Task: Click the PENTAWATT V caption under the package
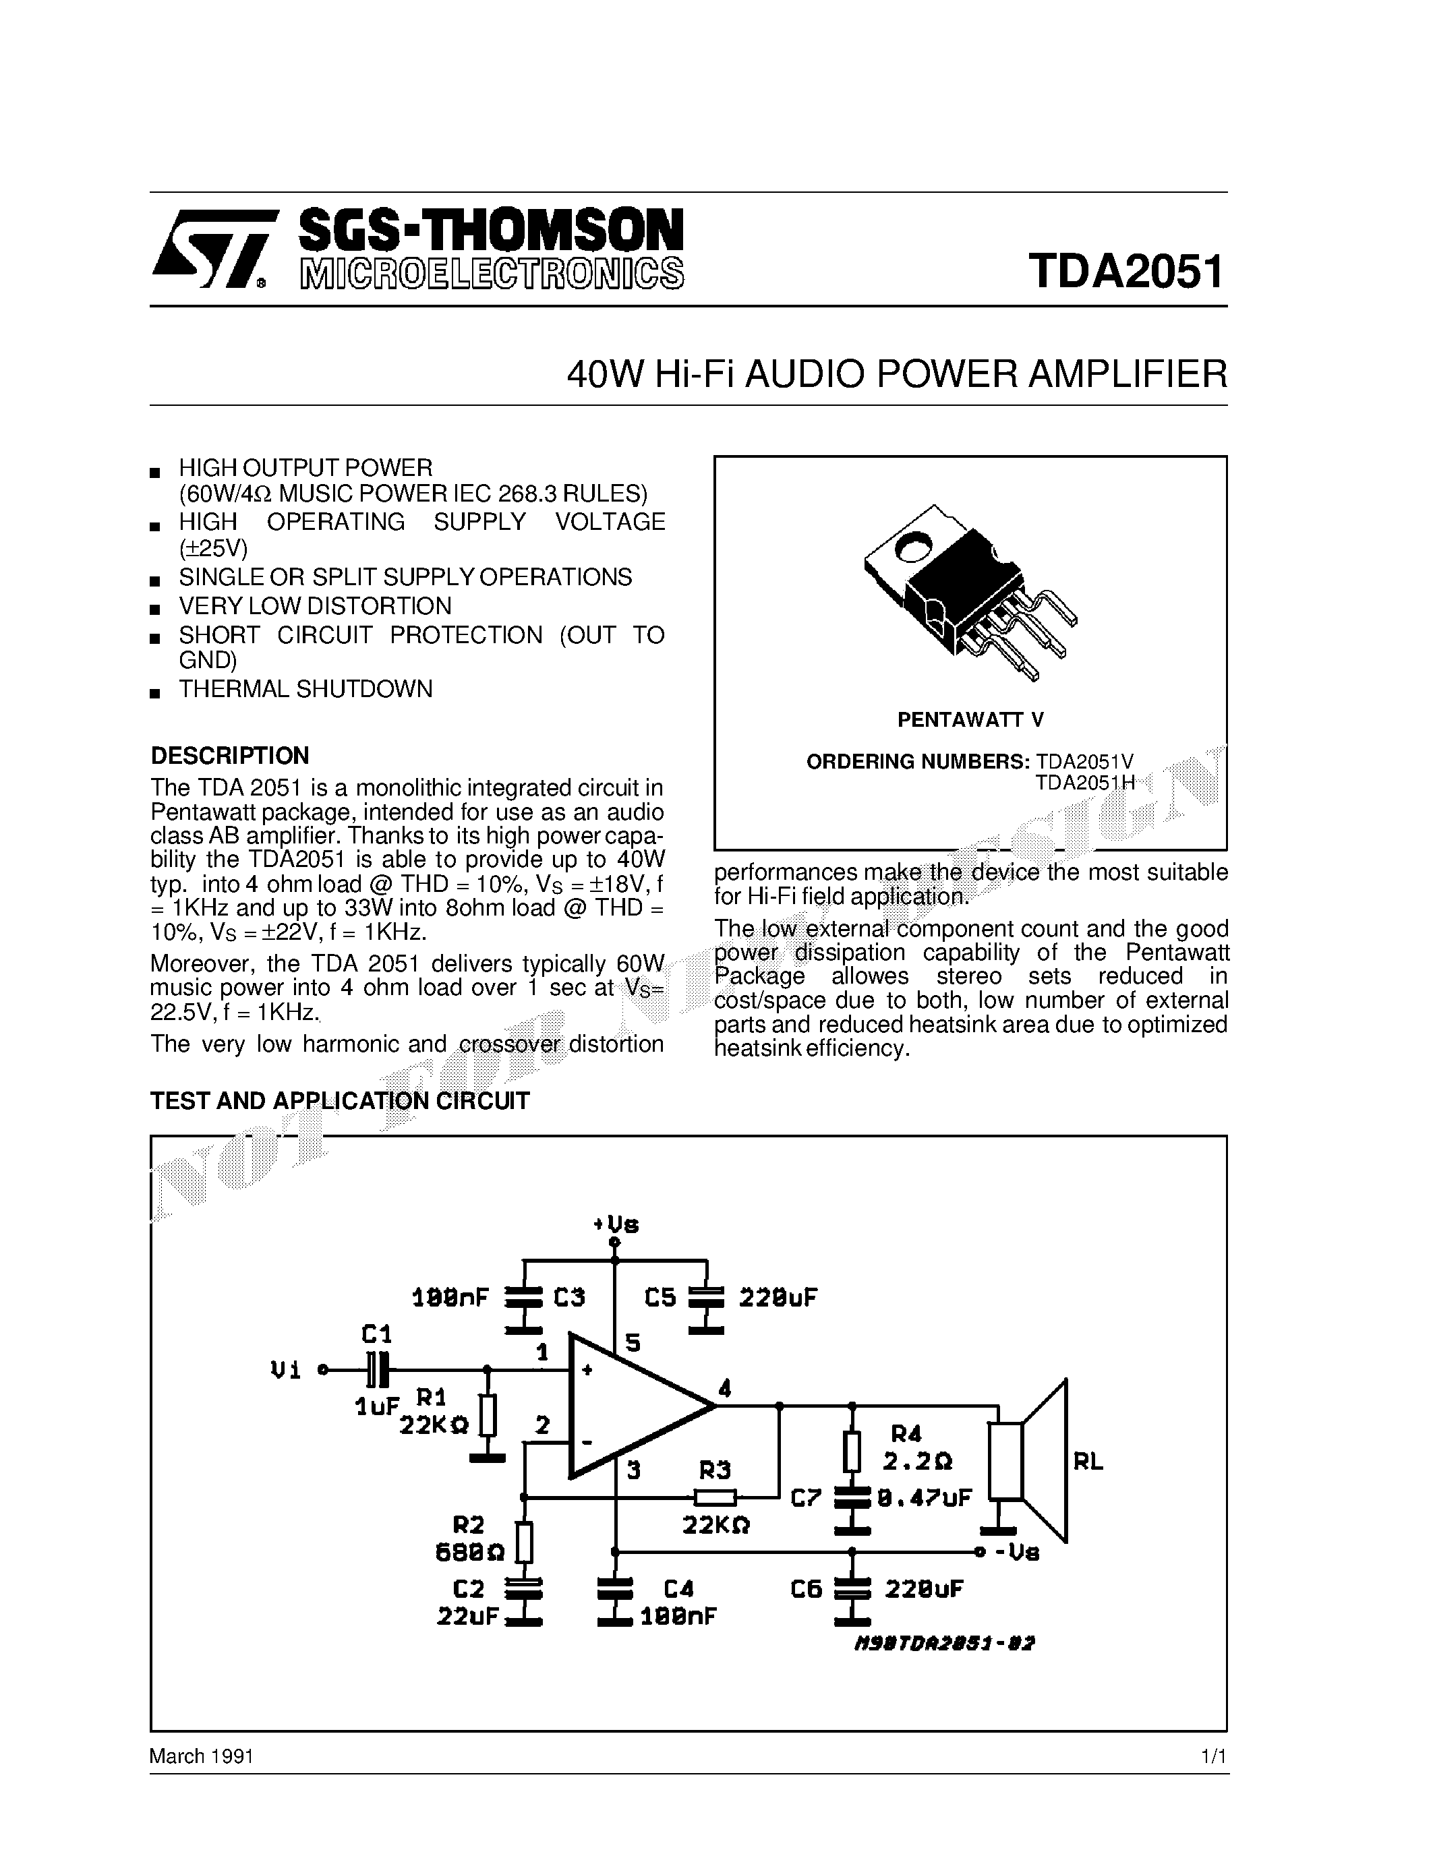(x=970, y=720)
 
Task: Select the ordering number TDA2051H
(x=1084, y=783)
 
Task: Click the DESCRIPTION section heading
(x=229, y=756)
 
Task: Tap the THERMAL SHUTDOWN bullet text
(x=305, y=688)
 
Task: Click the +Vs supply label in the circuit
(x=616, y=1224)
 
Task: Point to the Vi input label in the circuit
(x=285, y=1370)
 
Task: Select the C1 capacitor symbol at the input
(x=378, y=1369)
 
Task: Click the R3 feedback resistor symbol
(x=715, y=1497)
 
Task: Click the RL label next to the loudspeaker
(x=1088, y=1461)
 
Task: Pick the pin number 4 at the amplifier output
(x=724, y=1389)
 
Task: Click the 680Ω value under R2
(x=469, y=1553)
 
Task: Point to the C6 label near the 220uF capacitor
(x=806, y=1589)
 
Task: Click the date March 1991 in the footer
(x=201, y=1756)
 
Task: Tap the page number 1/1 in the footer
(x=1213, y=1756)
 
